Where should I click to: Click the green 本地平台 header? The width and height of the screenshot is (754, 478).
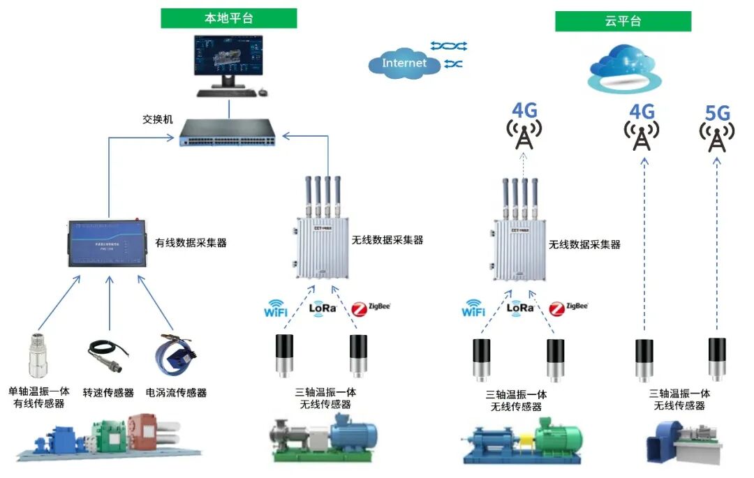(228, 18)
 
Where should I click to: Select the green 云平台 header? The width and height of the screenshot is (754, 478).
(623, 21)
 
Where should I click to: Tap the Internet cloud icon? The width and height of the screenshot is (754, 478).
(404, 63)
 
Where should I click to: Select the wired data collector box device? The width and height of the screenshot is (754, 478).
(108, 244)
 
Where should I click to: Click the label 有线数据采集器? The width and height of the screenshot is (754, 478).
(191, 243)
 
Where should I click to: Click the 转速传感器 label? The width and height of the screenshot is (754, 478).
(108, 393)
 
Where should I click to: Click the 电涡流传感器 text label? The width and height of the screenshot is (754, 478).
(176, 393)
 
